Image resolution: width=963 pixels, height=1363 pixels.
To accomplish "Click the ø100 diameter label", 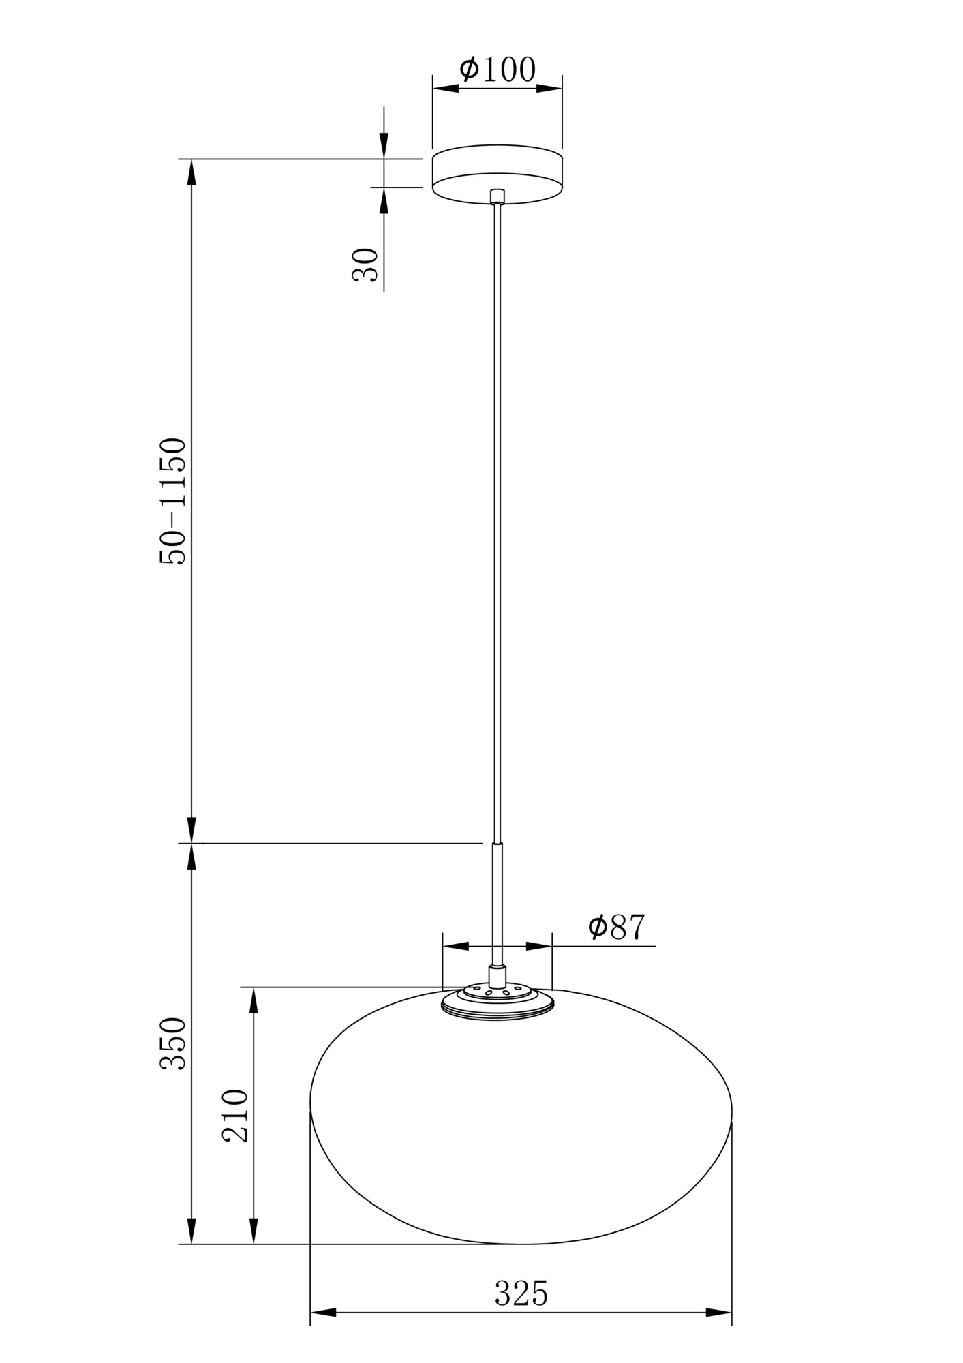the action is [498, 69].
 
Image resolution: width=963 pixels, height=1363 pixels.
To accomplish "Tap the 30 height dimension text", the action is [365, 264].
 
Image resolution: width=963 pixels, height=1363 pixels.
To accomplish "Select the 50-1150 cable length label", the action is [172, 501].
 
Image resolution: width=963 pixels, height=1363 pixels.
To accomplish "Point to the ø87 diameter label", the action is [616, 927].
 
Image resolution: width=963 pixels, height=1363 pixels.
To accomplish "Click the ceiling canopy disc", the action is [498, 174].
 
